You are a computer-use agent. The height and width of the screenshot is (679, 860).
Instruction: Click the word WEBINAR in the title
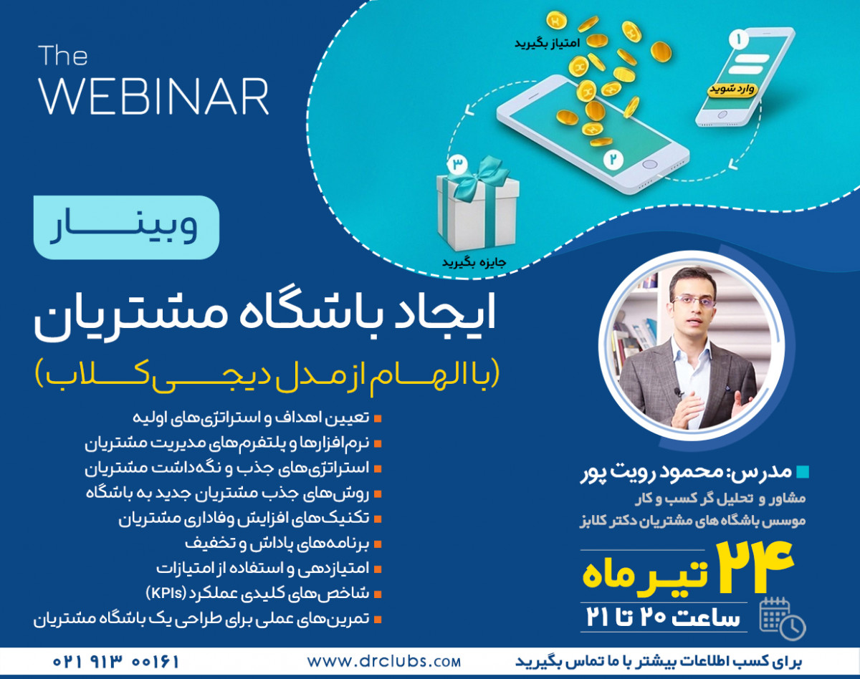(x=154, y=96)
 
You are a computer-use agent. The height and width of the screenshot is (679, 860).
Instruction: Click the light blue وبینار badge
(x=126, y=227)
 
